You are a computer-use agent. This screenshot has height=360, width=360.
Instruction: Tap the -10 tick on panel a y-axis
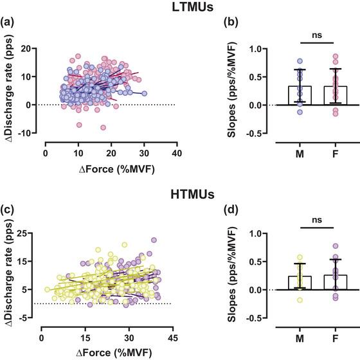tap(31, 133)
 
